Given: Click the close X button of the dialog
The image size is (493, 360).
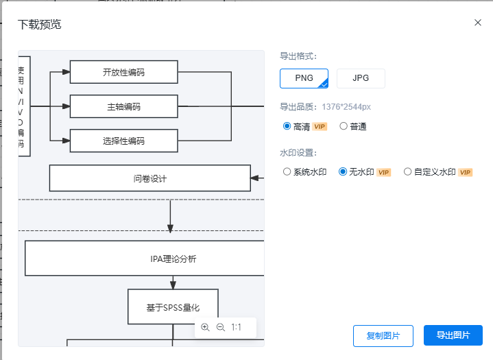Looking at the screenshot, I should click(x=478, y=23).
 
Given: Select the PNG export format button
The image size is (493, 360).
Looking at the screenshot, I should click(x=304, y=78).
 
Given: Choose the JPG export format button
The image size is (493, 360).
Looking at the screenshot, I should click(x=361, y=78).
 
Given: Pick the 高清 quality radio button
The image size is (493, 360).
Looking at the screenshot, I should click(x=287, y=126).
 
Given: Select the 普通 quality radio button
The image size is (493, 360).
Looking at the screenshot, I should click(x=344, y=126).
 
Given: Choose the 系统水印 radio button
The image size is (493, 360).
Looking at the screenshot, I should click(x=287, y=172).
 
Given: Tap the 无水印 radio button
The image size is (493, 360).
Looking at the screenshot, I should click(x=344, y=172).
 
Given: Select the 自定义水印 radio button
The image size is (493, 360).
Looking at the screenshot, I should click(x=408, y=172).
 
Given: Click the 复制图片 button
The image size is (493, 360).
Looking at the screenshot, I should click(x=383, y=335).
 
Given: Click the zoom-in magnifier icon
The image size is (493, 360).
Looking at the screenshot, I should click(x=205, y=328).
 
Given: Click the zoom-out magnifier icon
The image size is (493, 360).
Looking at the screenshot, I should click(x=220, y=328).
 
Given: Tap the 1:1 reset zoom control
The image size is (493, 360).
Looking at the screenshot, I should click(x=237, y=328).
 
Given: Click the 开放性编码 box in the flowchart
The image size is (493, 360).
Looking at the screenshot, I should click(x=123, y=72).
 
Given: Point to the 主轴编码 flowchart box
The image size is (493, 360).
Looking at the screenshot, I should click(x=123, y=106).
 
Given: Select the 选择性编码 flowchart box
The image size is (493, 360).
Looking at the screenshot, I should click(x=123, y=141).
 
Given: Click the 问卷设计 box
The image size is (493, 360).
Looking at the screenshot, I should click(x=149, y=178).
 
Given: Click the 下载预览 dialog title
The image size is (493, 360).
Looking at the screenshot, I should click(x=39, y=25).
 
